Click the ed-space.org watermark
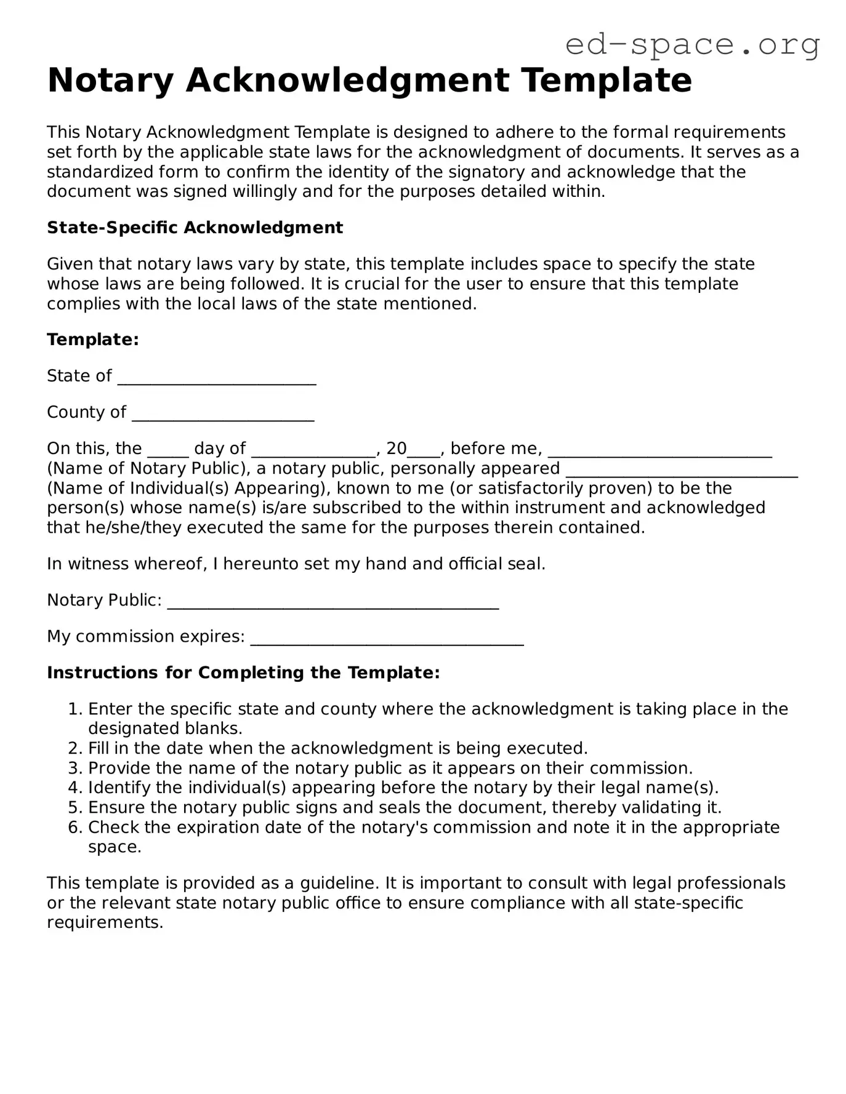pyautogui.click(x=692, y=44)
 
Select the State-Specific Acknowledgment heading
pyautogui.click(x=195, y=228)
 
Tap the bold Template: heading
pyautogui.click(x=93, y=340)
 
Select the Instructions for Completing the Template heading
pyautogui.click(x=243, y=673)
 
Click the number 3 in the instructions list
pyautogui.click(x=74, y=769)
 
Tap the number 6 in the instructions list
pyautogui.click(x=74, y=828)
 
